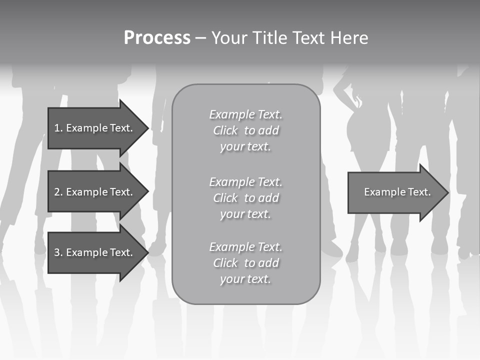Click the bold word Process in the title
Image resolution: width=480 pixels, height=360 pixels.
(x=157, y=38)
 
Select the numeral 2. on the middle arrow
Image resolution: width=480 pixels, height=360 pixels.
(x=58, y=192)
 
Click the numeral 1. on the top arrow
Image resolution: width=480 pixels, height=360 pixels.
(x=58, y=128)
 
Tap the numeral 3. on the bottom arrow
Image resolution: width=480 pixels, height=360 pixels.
(x=58, y=252)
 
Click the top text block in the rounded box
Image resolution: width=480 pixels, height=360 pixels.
(x=245, y=130)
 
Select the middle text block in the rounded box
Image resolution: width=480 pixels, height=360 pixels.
(x=245, y=198)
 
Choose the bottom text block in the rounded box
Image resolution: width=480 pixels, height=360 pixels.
(x=245, y=263)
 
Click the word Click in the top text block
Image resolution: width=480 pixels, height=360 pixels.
(x=225, y=130)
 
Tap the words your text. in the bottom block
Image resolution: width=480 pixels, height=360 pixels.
(x=245, y=279)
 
